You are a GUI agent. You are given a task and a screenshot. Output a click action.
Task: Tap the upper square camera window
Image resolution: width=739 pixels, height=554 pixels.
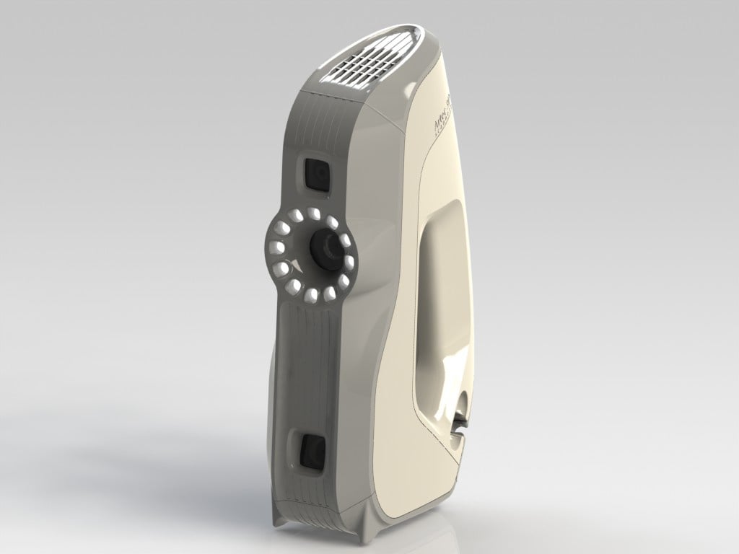click(315, 174)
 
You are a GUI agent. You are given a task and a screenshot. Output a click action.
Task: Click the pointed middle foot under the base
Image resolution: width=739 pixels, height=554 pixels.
click(367, 531)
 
